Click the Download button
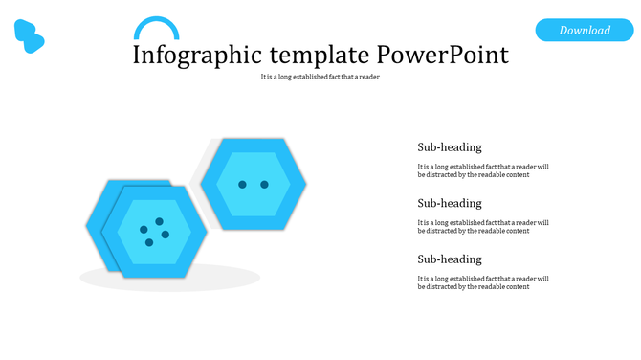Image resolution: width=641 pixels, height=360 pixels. tap(585, 31)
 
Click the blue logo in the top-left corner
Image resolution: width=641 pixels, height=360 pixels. tap(30, 35)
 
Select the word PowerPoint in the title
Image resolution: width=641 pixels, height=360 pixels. tap(443, 55)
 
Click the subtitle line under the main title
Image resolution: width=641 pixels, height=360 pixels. tap(320, 77)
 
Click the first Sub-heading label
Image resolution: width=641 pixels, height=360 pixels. tap(450, 147)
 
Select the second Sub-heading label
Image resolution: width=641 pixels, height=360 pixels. tap(450, 203)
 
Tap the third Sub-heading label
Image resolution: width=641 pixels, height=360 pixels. tap(450, 259)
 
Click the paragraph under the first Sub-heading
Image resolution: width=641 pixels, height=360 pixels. tap(483, 170)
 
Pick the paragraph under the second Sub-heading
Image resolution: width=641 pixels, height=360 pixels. tap(483, 226)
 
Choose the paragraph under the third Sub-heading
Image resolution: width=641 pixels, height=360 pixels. tap(483, 282)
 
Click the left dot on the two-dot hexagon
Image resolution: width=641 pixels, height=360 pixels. tap(242, 184)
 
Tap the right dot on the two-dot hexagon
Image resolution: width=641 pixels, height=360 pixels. tap(265, 184)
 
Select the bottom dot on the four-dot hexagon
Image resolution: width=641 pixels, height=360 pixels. tap(149, 242)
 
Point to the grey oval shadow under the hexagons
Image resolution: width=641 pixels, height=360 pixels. tap(169, 279)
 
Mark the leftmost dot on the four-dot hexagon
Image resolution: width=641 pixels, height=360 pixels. tap(144, 229)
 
